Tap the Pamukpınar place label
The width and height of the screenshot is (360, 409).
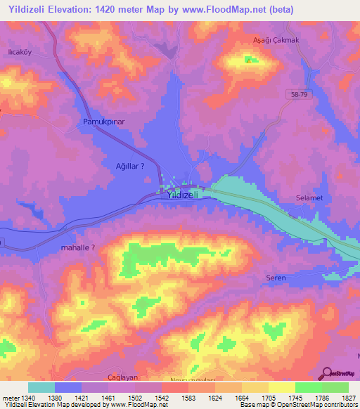(103, 122)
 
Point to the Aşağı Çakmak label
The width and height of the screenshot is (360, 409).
(276, 40)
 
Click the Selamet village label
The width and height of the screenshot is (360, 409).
(309, 198)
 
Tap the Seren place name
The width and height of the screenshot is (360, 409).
(276, 278)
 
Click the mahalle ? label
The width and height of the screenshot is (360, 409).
(77, 247)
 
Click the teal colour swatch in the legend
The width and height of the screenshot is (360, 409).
(41, 387)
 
